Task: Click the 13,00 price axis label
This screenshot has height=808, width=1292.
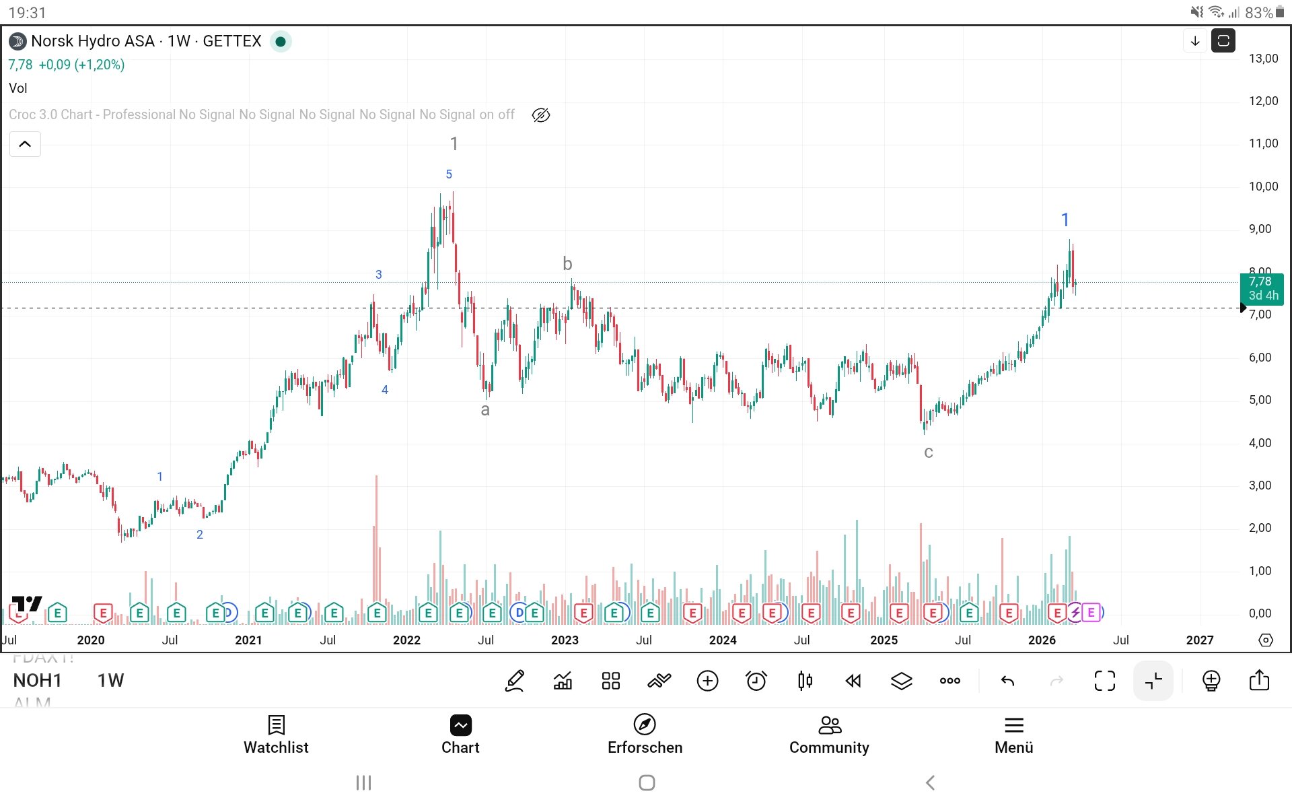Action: click(x=1263, y=59)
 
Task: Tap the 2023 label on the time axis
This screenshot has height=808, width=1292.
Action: click(x=565, y=640)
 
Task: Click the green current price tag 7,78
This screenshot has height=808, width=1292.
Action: click(x=1261, y=288)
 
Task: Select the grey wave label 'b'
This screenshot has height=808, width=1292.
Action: click(x=567, y=264)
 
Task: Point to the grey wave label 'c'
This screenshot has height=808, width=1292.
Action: click(x=928, y=452)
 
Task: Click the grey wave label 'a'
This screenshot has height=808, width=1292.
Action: click(x=485, y=410)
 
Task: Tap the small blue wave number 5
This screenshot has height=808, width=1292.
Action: click(x=449, y=174)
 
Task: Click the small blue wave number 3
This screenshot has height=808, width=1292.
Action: click(x=379, y=275)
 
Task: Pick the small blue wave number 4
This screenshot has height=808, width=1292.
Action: click(x=385, y=390)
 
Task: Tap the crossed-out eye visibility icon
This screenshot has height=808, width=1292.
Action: click(x=540, y=115)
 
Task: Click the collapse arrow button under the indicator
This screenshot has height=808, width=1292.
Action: click(x=25, y=144)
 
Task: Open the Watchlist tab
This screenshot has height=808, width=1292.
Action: click(x=276, y=735)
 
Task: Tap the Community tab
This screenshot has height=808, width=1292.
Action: click(x=829, y=735)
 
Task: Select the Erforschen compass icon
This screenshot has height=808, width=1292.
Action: click(x=645, y=725)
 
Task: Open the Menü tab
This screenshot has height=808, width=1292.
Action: click(x=1013, y=735)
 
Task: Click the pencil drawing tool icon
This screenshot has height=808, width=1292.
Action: click(x=515, y=681)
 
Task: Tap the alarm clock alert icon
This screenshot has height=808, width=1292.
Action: click(x=756, y=681)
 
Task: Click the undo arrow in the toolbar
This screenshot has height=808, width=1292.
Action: click(x=1007, y=681)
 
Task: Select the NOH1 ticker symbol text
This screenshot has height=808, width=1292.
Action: click(x=37, y=681)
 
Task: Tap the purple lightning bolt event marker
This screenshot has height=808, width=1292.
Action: click(x=1075, y=612)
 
